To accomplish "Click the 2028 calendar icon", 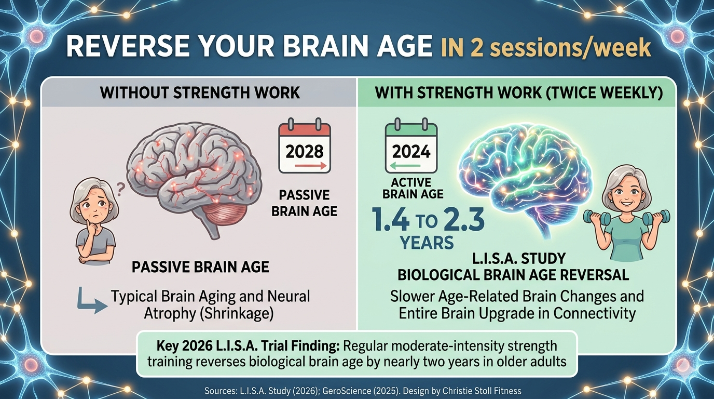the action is click(x=305, y=145).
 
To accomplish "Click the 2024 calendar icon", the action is click(x=411, y=145).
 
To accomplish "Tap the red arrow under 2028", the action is click(x=310, y=166).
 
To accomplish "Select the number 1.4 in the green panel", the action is click(x=391, y=220).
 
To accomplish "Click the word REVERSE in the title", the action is click(x=128, y=47).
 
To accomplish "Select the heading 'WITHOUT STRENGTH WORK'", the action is click(x=200, y=93).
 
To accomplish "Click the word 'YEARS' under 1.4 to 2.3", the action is click(x=427, y=243).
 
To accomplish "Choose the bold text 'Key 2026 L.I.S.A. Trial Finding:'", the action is click(x=248, y=346).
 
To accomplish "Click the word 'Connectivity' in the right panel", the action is click(x=594, y=313).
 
